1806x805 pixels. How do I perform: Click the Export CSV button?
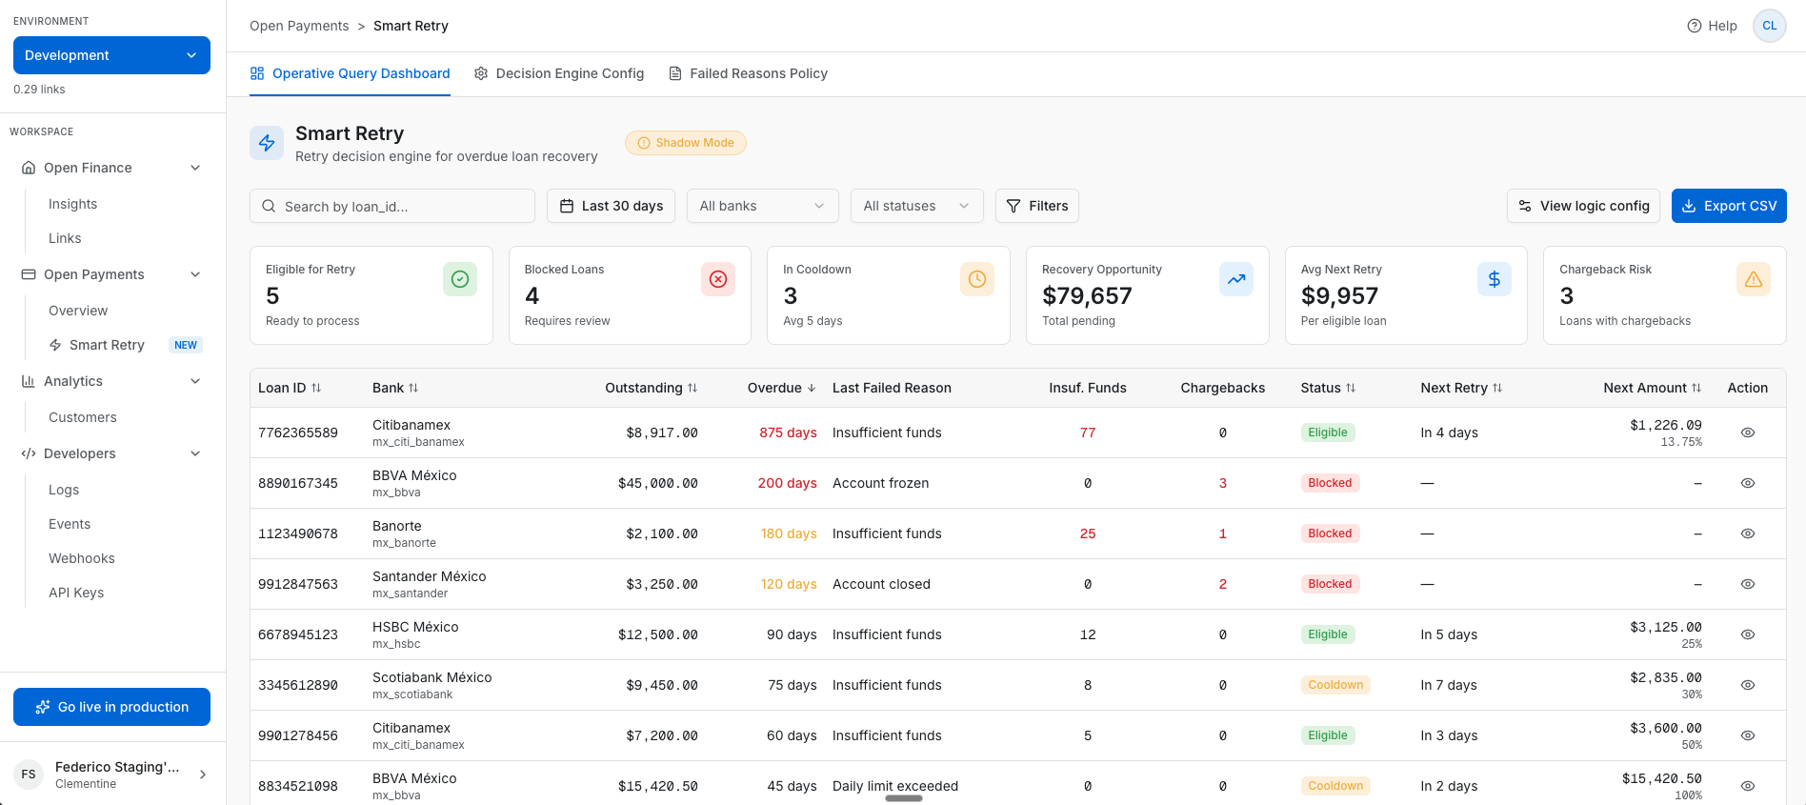point(1728,206)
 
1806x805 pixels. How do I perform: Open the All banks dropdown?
point(762,206)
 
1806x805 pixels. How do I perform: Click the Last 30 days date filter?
point(611,206)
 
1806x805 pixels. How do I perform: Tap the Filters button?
point(1036,206)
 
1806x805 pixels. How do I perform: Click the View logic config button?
point(1583,206)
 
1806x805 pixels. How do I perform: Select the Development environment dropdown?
point(111,55)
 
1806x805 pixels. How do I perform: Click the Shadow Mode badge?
point(686,143)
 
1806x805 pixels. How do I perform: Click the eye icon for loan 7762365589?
point(1747,433)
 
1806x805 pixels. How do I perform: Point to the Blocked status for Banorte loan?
point(1329,533)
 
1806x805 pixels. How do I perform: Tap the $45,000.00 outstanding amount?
point(657,483)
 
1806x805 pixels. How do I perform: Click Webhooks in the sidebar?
point(82,558)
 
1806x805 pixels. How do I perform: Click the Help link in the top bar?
point(1712,26)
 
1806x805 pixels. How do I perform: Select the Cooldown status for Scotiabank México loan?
point(1334,685)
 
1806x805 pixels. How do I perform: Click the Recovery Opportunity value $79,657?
point(1087,296)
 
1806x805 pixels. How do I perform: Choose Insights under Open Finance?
point(73,204)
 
